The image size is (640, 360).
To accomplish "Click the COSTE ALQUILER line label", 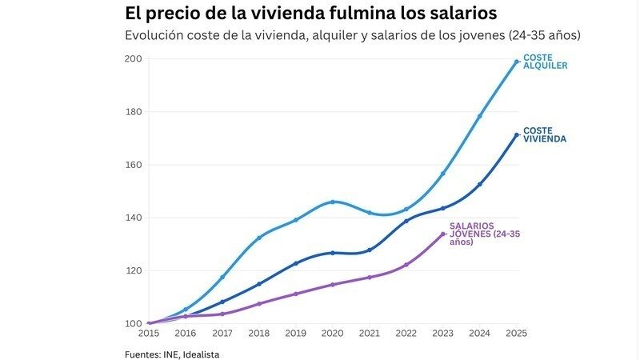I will [x=545, y=62].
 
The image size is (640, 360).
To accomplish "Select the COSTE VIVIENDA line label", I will [x=544, y=134].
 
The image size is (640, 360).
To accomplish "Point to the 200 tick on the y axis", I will [x=133, y=58].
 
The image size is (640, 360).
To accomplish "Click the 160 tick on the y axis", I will [x=133, y=165].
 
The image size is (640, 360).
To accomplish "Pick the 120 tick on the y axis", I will [x=133, y=270].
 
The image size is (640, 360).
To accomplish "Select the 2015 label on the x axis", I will [x=148, y=333].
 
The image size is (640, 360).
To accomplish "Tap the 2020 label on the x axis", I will [x=332, y=333].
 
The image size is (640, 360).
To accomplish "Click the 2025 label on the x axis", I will [x=516, y=333].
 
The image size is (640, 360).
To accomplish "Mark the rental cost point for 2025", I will [x=516, y=62].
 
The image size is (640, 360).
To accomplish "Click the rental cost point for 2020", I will [x=332, y=202].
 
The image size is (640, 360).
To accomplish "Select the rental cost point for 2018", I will [x=258, y=238].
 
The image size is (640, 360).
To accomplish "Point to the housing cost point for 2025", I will [x=516, y=135].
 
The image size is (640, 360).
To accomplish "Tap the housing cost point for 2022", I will [x=406, y=221].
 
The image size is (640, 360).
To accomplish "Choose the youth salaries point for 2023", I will [x=442, y=234].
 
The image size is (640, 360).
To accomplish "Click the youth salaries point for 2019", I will [x=295, y=294].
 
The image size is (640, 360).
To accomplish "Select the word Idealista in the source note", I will [x=199, y=354].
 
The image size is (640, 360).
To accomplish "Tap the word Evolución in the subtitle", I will [x=154, y=36].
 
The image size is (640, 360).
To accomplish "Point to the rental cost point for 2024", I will [x=479, y=116].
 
